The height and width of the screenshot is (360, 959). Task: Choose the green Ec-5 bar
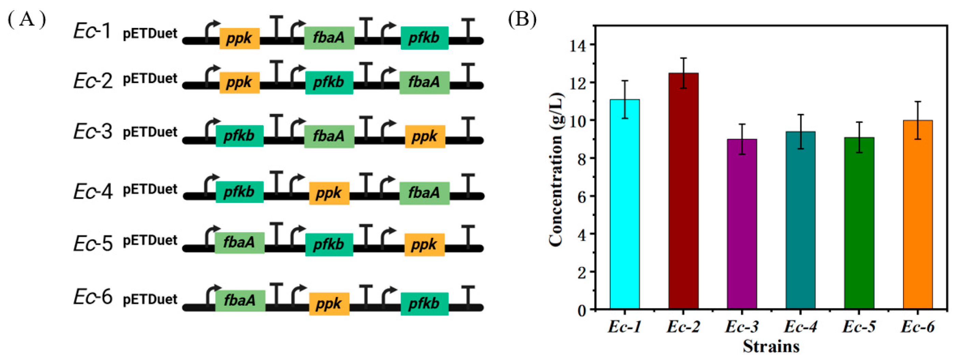859,223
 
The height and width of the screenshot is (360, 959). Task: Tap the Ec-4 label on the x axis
800,327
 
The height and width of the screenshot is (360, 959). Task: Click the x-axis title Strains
771,346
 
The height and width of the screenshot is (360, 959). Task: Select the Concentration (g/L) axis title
556,169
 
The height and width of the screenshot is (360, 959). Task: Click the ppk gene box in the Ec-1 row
239,38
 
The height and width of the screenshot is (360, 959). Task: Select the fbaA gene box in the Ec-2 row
424,82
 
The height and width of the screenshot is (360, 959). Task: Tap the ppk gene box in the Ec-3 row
425,137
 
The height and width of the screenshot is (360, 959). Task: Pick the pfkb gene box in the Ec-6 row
424,304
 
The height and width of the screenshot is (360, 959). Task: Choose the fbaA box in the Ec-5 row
239,243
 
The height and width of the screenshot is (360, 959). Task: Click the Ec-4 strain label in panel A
93,192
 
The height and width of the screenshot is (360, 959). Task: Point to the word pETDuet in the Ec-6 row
150,299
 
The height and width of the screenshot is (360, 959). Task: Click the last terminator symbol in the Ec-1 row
468,28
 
